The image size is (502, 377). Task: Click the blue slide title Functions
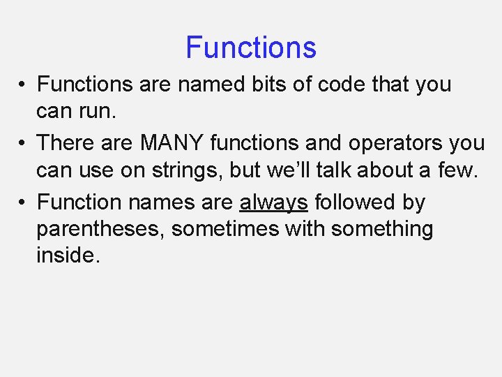[x=251, y=48]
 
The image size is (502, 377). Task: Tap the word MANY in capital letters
[x=172, y=143]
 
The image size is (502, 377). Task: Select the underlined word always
[x=273, y=203]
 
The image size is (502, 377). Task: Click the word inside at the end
[x=67, y=256]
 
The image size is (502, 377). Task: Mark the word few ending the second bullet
[x=458, y=170]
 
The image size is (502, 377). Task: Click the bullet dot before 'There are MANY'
[x=23, y=144]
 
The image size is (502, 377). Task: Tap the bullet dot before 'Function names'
[x=23, y=203]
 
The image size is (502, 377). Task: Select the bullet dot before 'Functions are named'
[x=23, y=85]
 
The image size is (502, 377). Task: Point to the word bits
[x=273, y=84]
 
